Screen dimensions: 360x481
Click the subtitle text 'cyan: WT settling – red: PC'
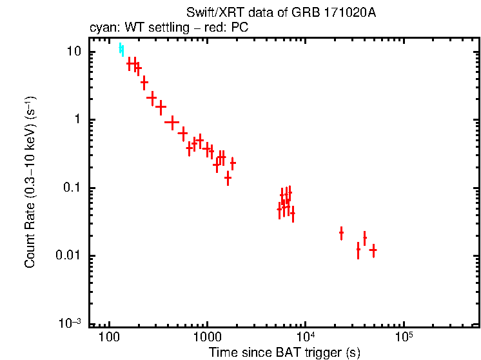point(168,28)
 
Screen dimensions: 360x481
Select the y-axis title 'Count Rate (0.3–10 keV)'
point(30,183)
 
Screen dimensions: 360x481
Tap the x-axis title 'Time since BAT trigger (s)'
point(284,352)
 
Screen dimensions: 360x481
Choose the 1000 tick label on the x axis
point(207,337)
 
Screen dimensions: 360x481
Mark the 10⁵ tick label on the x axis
point(403,336)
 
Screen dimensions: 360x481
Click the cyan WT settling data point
point(121,50)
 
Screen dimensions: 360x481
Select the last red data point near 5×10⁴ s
point(373,250)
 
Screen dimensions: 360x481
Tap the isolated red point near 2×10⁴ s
point(341,232)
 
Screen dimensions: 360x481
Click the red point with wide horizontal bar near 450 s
point(172,121)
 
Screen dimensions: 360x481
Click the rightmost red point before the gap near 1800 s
point(233,163)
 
